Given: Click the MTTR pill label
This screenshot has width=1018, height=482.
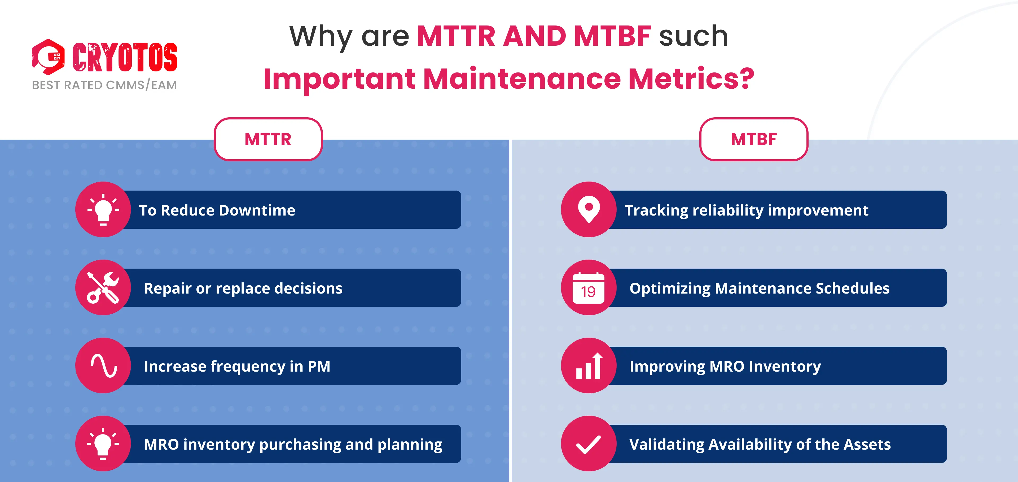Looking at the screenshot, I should pos(268,139).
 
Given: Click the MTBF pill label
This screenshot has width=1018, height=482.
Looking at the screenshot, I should pos(754,139).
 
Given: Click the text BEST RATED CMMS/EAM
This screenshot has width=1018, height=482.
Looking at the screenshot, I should pos(104,85).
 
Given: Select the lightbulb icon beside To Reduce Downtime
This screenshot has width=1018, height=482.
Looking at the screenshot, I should pos(103,210).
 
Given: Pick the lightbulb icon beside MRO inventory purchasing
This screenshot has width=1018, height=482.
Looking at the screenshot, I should pos(103,444).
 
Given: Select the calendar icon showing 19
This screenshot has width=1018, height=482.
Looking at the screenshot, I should pos(589,288).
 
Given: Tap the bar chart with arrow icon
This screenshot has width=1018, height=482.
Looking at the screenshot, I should pos(589,366).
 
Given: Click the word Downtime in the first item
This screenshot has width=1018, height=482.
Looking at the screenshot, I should pos(257,210).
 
